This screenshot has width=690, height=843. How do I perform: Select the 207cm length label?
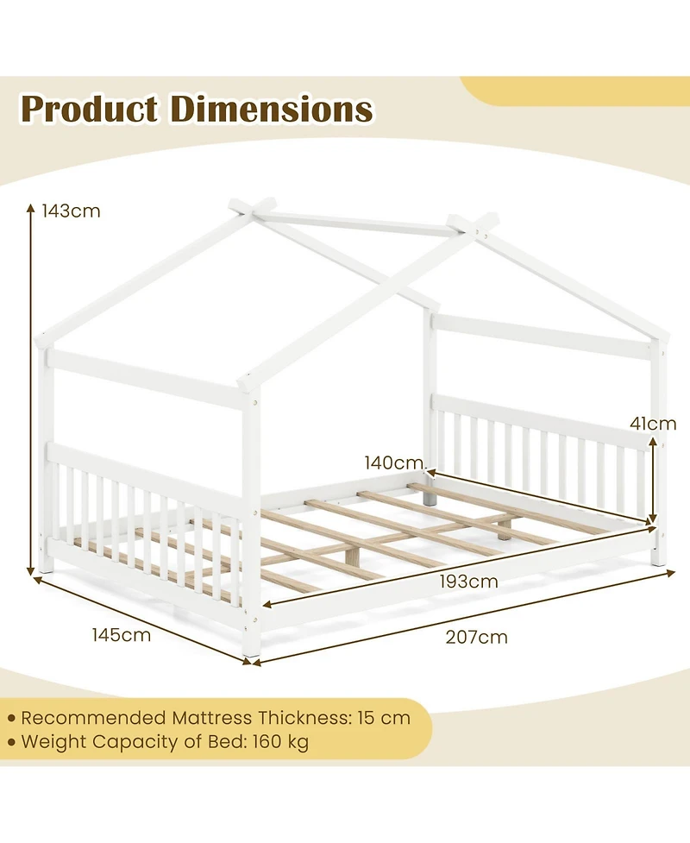click(x=476, y=638)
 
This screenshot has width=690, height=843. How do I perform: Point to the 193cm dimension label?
click(x=467, y=581)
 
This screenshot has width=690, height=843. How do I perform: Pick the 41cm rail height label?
click(x=652, y=424)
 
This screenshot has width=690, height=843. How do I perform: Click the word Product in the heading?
click(x=89, y=110)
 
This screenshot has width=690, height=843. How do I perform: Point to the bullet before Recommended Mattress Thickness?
click(x=11, y=718)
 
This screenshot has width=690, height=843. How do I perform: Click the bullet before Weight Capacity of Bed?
click(x=11, y=741)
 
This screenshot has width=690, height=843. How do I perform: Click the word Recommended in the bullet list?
click(x=91, y=717)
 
